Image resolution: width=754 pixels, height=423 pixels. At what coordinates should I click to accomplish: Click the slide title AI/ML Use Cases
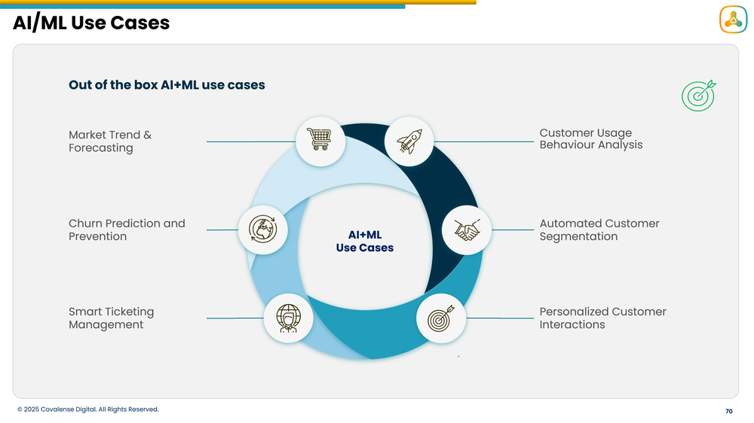tap(91, 23)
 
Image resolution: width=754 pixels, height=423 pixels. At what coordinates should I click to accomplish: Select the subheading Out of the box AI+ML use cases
tap(167, 85)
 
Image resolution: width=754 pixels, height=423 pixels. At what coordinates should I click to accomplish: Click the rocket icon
tap(409, 141)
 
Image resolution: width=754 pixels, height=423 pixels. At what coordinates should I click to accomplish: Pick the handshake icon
tap(467, 230)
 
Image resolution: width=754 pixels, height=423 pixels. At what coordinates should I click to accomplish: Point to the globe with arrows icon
tap(262, 230)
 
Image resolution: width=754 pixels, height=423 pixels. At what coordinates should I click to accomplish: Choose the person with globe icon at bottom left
tap(288, 318)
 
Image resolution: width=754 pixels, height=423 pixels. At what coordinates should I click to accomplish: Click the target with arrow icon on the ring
tap(441, 318)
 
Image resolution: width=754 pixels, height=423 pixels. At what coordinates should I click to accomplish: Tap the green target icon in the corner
tap(698, 96)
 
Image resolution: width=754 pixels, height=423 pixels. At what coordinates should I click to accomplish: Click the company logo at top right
tap(732, 20)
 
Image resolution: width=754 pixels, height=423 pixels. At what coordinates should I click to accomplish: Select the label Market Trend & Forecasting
tap(110, 142)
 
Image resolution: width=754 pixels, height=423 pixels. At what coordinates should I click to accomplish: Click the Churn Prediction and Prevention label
tap(127, 230)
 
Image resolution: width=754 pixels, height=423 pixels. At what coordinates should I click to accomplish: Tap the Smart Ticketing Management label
tap(111, 318)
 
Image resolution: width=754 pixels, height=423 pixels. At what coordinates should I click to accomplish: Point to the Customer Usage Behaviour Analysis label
tap(590, 138)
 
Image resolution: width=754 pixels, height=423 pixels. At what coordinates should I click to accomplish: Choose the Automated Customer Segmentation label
tap(599, 230)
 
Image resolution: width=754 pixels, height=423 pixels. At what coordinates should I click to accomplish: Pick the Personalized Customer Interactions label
tap(602, 318)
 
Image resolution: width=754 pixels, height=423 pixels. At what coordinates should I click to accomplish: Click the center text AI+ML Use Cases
tap(364, 241)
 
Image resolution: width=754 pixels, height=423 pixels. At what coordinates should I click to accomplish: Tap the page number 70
tap(728, 412)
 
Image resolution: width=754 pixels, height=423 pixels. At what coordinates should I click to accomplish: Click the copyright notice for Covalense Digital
tap(88, 409)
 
